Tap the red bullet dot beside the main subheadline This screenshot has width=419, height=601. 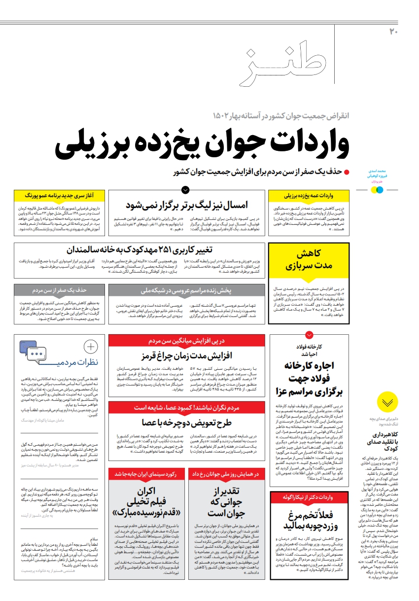[347, 172]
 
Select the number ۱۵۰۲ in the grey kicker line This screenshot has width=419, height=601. [225, 116]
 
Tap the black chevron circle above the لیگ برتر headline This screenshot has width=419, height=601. [185, 189]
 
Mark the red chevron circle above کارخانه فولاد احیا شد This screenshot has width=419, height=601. [309, 335]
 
